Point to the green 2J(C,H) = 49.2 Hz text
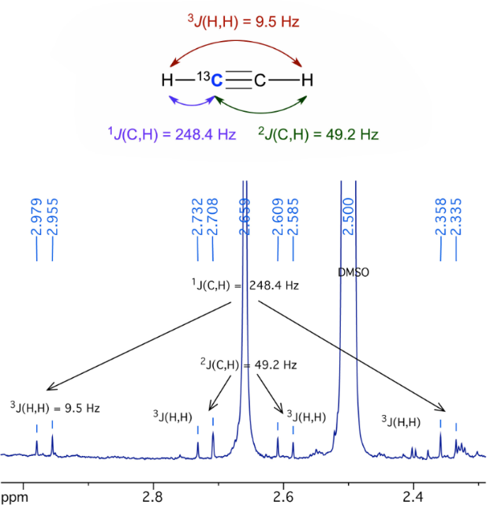[x=317, y=133]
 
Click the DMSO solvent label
[x=353, y=273]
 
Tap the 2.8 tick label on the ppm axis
[x=153, y=496]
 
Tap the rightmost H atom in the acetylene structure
[x=306, y=80]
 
